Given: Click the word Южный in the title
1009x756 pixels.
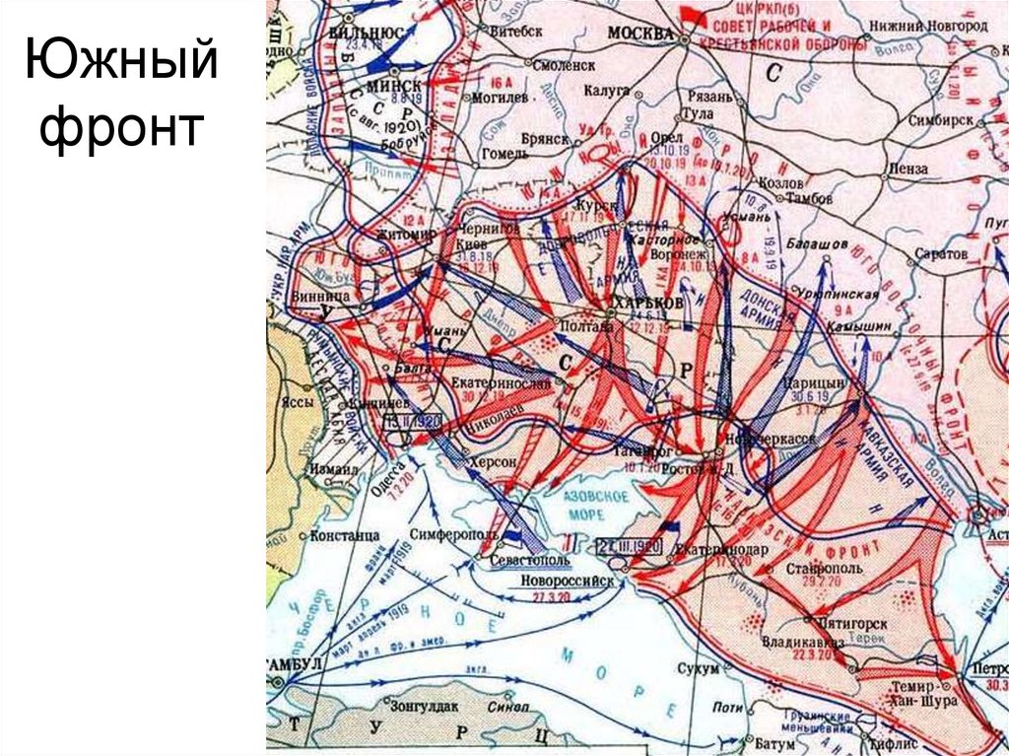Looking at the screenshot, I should pyautogui.click(x=119, y=61).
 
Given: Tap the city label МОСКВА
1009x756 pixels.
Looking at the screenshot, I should pyautogui.click(x=640, y=32).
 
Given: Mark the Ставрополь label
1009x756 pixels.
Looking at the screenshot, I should pyautogui.click(x=826, y=569).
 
